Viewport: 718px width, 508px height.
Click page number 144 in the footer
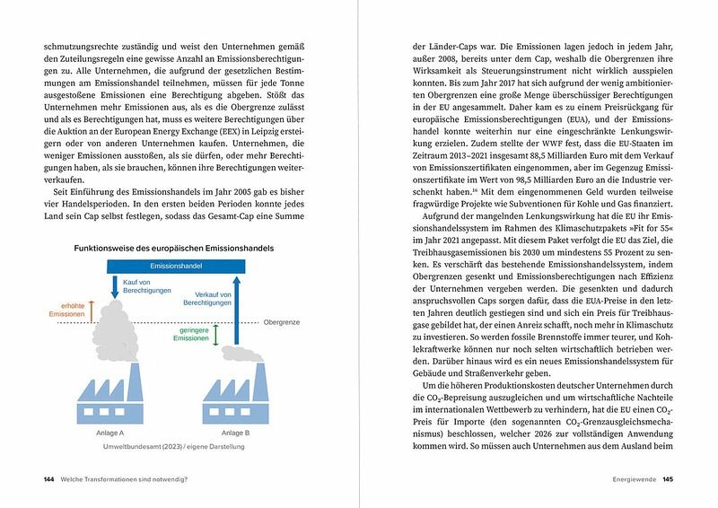tap(49, 478)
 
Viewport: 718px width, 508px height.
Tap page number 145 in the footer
tap(668, 478)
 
